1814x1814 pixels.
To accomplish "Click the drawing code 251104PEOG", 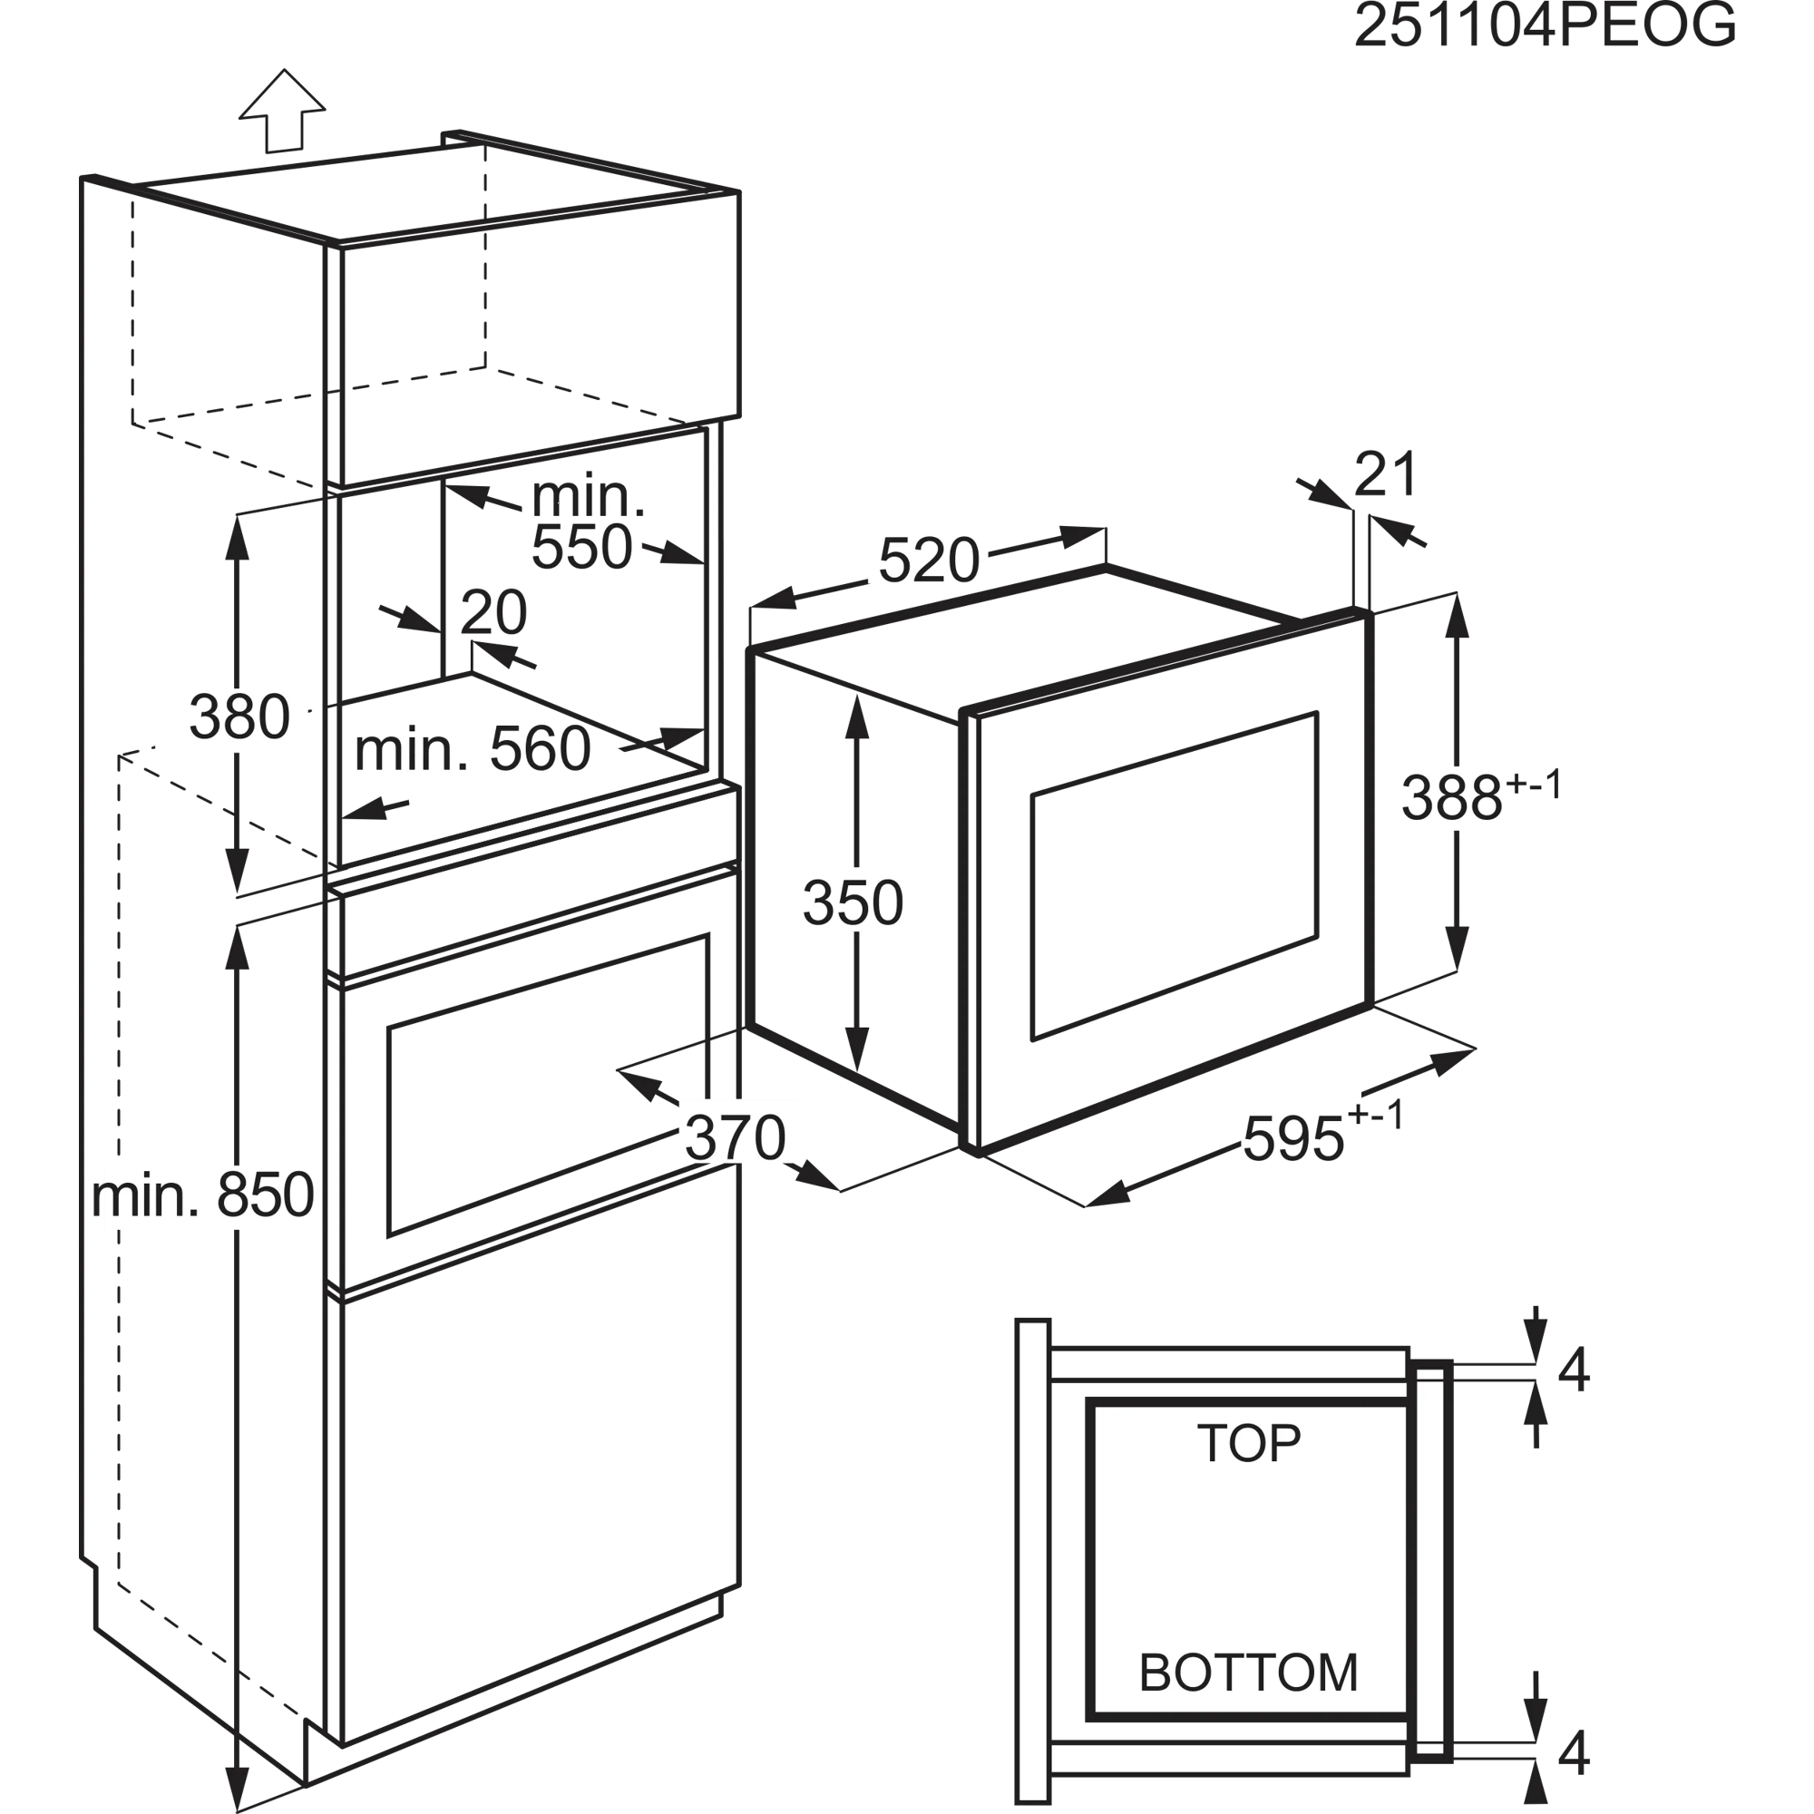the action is point(1545,25).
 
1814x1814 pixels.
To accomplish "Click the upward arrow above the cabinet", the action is point(283,111).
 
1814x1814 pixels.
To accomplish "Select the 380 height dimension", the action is point(239,717).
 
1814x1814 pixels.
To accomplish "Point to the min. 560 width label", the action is point(473,749).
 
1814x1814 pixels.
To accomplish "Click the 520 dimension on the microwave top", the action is point(929,561).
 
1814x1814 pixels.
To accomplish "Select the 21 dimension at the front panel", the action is point(1386,474).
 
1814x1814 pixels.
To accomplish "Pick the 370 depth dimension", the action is point(736,1138).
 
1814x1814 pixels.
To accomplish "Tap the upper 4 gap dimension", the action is point(1574,1369).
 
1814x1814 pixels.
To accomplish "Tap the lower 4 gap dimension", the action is point(1574,1752).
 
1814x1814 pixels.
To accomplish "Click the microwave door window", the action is point(1175,876).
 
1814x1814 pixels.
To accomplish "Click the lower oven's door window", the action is point(548,1085).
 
